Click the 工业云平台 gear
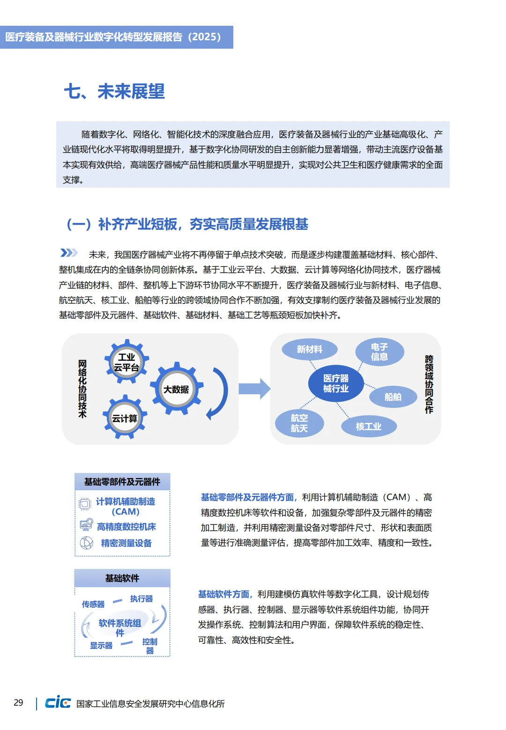(126, 362)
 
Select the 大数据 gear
(177, 389)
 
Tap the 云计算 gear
(125, 418)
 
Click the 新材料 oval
(309, 349)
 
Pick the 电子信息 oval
(379, 352)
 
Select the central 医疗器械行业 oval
(336, 383)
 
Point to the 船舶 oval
(393, 397)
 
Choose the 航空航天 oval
(299, 423)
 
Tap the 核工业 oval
(369, 426)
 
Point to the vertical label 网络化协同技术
(82, 389)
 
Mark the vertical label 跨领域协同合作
(429, 384)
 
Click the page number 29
(18, 702)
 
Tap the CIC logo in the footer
(58, 702)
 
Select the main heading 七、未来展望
(114, 91)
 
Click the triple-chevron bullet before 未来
(69, 253)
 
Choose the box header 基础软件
(122, 578)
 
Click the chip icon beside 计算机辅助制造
(85, 504)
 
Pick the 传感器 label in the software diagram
(93, 604)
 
